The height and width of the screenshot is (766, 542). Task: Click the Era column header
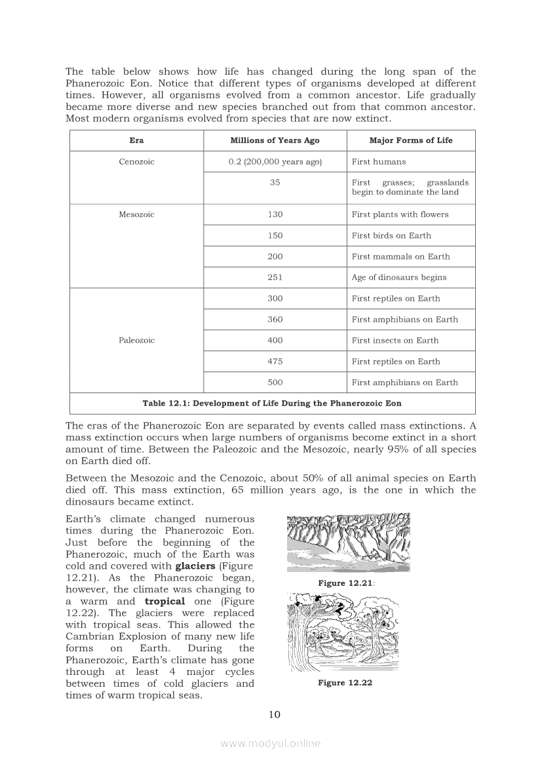(136, 140)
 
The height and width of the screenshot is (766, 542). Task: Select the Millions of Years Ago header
(275, 140)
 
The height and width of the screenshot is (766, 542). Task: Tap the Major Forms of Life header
(410, 140)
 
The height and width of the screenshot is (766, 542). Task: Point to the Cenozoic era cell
(136, 162)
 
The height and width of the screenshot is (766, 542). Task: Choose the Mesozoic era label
(136, 214)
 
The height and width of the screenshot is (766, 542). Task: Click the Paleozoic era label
(136, 340)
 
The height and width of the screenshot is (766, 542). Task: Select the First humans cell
(379, 162)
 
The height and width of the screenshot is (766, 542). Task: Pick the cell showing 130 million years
(275, 214)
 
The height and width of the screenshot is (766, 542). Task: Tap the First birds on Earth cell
(391, 235)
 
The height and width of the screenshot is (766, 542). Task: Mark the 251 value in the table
(275, 277)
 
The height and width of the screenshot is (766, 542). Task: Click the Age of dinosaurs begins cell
(398, 277)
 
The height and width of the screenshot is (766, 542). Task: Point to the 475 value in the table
(275, 361)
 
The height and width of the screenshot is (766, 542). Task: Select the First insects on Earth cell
(395, 340)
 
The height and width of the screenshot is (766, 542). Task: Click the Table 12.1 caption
(272, 403)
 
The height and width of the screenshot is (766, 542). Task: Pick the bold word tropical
(165, 602)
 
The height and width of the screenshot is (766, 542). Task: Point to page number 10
(275, 714)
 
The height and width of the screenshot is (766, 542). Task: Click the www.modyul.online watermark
(271, 743)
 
